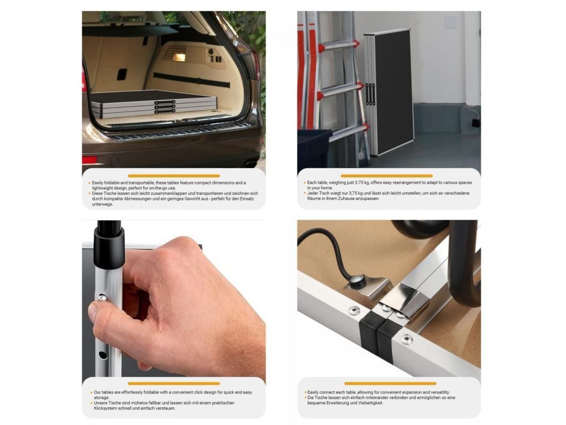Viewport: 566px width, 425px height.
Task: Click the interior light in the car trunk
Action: pyautogui.click(x=179, y=57)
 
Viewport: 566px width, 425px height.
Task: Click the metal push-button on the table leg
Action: pyautogui.click(x=102, y=298)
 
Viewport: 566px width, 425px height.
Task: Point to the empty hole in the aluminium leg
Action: pyautogui.click(x=103, y=355)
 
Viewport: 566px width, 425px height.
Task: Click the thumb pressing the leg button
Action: pyautogui.click(x=108, y=311)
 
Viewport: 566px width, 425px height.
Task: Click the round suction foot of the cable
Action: pyautogui.click(x=358, y=280)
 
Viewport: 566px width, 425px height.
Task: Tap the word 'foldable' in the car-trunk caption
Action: pyautogui.click(x=113, y=183)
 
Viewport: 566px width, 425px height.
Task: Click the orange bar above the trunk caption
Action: pyautogui.click(x=174, y=175)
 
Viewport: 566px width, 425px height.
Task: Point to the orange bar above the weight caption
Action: pyautogui.click(x=386, y=175)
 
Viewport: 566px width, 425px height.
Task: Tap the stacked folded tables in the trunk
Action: pyautogui.click(x=154, y=104)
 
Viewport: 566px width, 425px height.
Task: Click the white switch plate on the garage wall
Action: pyautogui.click(x=450, y=22)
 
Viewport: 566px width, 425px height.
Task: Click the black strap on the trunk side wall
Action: pyautogui.click(x=191, y=80)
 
